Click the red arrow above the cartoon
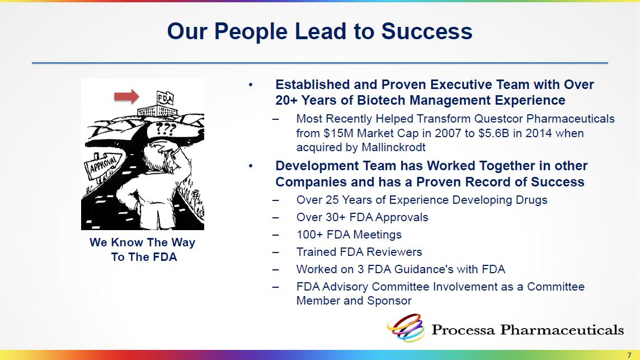click(x=126, y=96)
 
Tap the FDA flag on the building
click(x=165, y=98)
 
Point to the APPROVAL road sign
click(x=102, y=166)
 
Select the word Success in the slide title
click(x=427, y=31)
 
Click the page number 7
click(x=629, y=355)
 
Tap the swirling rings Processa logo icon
click(x=406, y=328)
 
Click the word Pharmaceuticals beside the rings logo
click(x=562, y=330)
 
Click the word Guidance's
click(x=420, y=269)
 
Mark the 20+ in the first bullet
click(x=286, y=100)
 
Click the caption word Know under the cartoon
click(x=127, y=242)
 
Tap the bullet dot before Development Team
click(x=251, y=166)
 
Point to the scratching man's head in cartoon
click(x=160, y=153)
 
